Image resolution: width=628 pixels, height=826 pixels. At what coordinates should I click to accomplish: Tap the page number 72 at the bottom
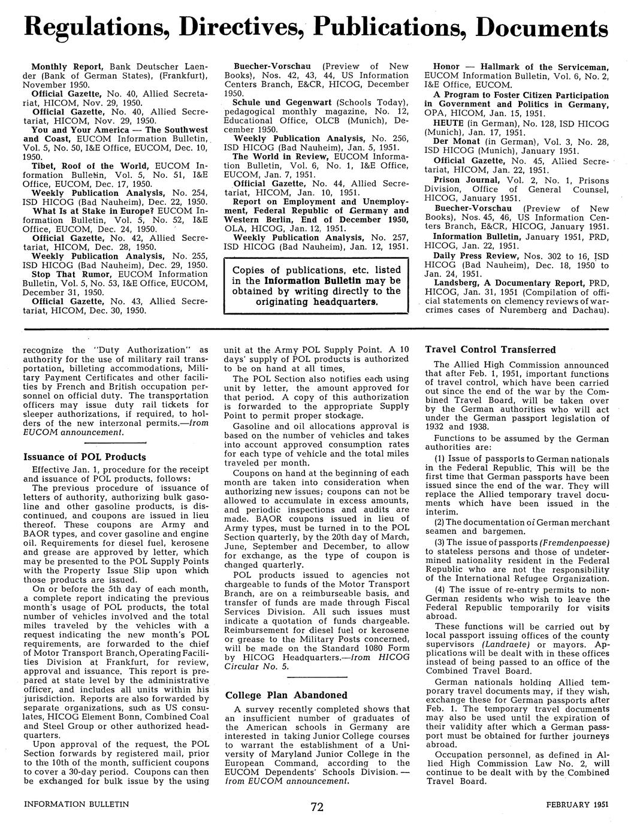click(x=317, y=807)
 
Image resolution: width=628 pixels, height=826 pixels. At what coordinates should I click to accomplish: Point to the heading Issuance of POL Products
click(x=84, y=457)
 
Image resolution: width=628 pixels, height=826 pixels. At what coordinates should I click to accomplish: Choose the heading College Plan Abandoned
click(x=286, y=695)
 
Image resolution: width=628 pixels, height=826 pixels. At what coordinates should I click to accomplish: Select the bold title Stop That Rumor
click(x=66, y=274)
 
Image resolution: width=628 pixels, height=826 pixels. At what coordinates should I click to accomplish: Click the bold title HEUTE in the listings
click(x=447, y=123)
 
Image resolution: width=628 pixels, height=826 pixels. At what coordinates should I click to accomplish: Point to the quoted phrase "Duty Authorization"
click(x=141, y=350)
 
